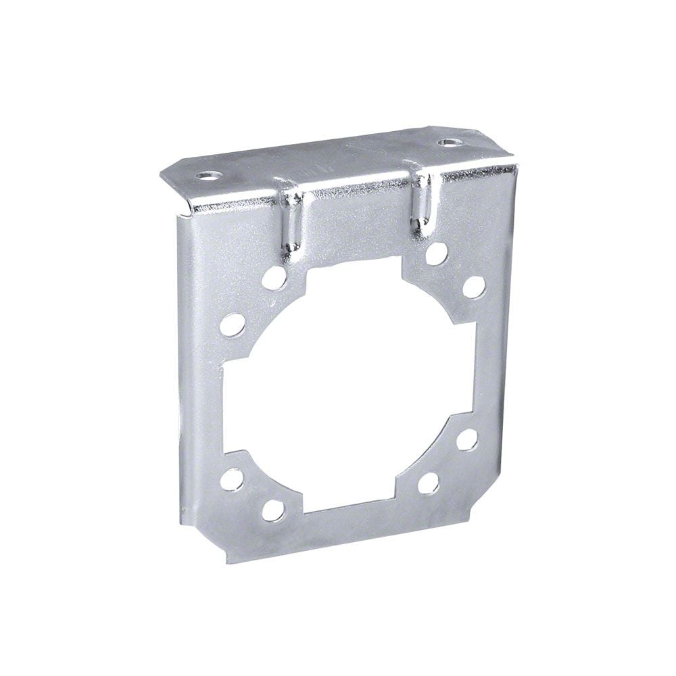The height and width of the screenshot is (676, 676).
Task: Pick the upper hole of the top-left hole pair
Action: (274, 276)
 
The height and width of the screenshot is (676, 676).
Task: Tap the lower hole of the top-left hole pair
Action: (231, 324)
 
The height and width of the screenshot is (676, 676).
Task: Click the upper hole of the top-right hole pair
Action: (437, 253)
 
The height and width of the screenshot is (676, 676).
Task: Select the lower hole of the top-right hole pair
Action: (473, 286)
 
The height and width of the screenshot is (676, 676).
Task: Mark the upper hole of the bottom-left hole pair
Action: (231, 479)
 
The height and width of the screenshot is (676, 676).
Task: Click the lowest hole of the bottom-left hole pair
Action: (272, 510)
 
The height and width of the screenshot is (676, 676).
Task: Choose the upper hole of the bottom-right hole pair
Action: (466, 439)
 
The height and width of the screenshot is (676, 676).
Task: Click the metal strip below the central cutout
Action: (352, 524)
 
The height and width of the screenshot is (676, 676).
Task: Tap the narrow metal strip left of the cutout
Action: (201, 392)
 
